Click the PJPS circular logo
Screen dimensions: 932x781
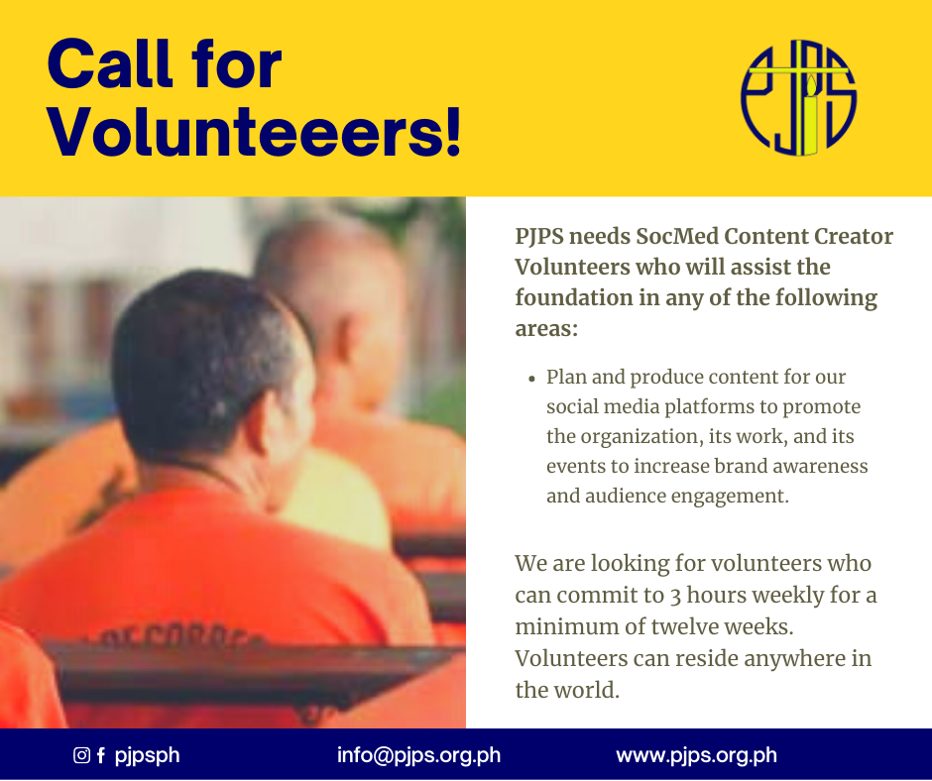798,98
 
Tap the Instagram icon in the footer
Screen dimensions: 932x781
81,755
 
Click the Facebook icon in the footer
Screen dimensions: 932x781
101,755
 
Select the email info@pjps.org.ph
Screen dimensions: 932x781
418,755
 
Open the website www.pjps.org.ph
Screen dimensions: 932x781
696,755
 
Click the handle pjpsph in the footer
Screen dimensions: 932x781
147,756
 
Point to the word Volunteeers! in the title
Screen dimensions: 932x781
254,132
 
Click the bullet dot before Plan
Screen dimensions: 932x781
532,379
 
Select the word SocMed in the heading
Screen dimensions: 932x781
677,237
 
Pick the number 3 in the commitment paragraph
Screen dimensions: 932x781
674,596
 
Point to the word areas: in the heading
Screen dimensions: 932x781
546,329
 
